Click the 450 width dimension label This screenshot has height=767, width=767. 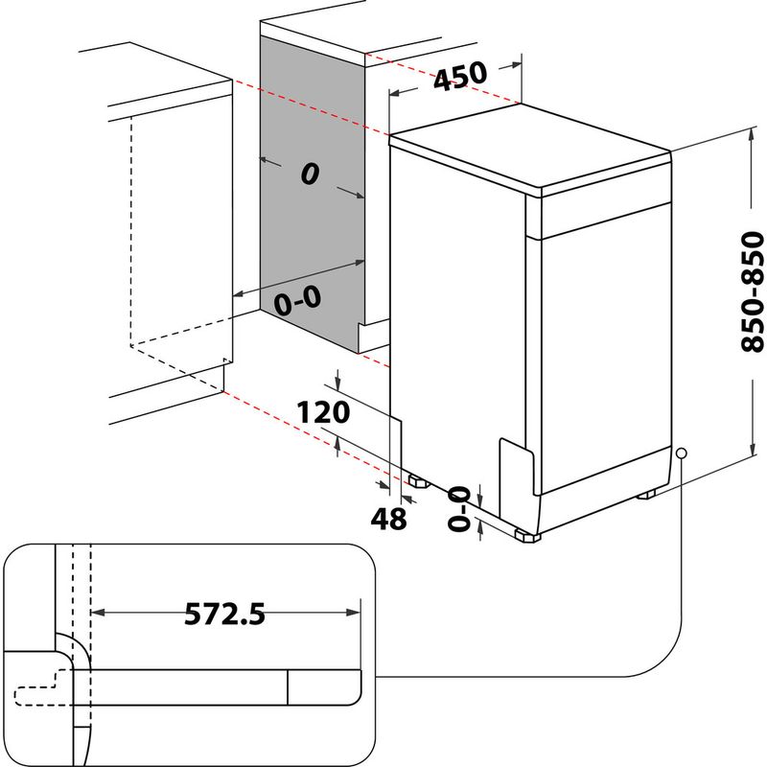coord(459,78)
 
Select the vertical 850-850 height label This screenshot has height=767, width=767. coord(755,292)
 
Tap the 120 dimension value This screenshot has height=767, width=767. coord(321,413)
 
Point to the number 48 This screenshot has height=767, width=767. coord(389,519)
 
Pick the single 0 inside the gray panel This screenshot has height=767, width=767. coord(309,174)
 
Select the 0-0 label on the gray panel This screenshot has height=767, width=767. coord(297,302)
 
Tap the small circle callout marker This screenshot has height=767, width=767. coord(681,453)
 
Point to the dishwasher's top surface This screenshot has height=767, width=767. coord(527,149)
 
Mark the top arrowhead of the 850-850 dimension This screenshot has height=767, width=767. coord(748,135)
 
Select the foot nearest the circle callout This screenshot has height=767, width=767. coord(648,495)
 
